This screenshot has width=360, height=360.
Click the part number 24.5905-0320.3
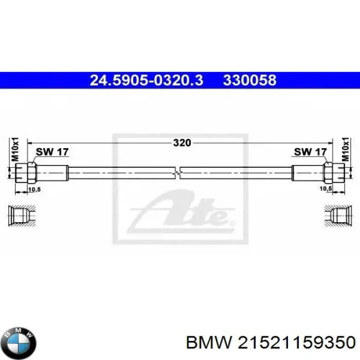147,80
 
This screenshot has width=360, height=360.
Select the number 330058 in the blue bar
249,80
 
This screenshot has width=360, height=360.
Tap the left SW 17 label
52,152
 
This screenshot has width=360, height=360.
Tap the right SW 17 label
310,152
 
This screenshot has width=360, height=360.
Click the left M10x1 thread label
15,150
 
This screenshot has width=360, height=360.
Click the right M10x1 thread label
346,150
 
